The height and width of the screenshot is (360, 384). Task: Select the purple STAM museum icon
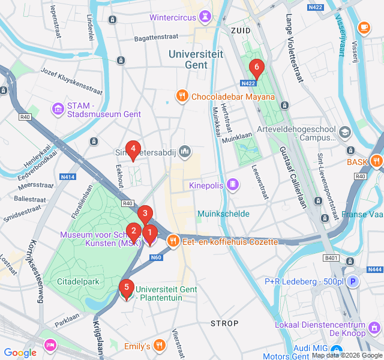58,109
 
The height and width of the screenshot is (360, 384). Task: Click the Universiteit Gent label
196,59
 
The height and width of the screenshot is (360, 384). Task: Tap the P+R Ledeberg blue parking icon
353,281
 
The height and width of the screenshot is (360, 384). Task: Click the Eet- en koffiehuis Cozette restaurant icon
173,241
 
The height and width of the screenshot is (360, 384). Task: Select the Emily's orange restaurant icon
159,346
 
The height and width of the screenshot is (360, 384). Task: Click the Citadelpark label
77,281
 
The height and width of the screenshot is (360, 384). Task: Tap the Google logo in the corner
20,353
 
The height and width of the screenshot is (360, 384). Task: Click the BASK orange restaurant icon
376,161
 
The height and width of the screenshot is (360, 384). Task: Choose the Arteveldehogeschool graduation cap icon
345,131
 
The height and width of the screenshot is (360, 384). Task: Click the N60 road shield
156,257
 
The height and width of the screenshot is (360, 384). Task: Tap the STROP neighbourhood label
224,323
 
